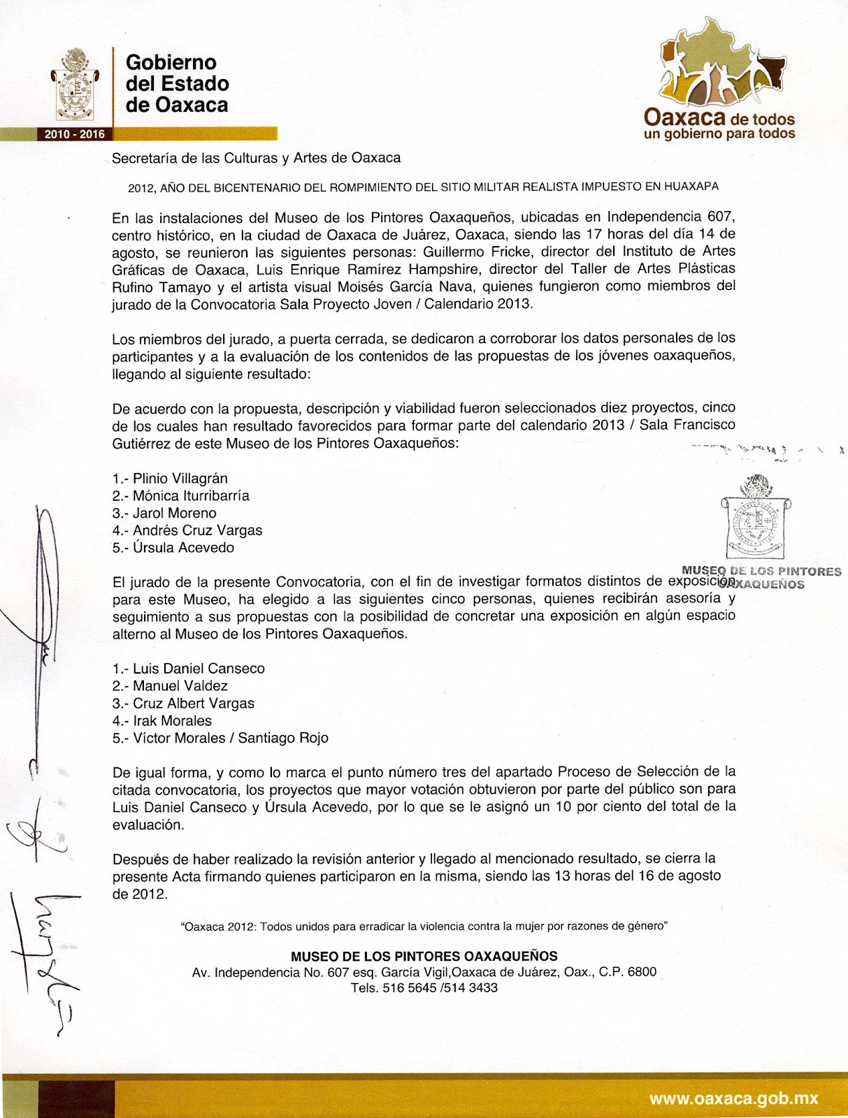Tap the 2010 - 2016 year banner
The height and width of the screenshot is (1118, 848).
coord(74,134)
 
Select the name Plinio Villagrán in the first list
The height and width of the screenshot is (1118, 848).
coord(180,479)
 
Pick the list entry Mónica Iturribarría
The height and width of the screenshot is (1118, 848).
coord(191,496)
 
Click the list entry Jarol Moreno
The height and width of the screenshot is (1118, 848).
coord(174,513)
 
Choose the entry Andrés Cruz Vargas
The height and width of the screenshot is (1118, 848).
coord(197,530)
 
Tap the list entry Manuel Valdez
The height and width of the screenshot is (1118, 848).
coord(180,686)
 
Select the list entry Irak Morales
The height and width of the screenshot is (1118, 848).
coord(172,721)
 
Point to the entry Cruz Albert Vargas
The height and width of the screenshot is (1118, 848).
coord(194,704)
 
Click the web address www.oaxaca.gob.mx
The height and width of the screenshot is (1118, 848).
coord(733,1098)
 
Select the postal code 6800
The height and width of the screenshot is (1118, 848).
coord(641,972)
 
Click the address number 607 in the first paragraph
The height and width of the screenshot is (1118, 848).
coord(721,217)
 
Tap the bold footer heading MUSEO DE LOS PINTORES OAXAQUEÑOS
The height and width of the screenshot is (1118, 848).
coord(424,956)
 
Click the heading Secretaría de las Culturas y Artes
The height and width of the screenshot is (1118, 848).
coord(256,158)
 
